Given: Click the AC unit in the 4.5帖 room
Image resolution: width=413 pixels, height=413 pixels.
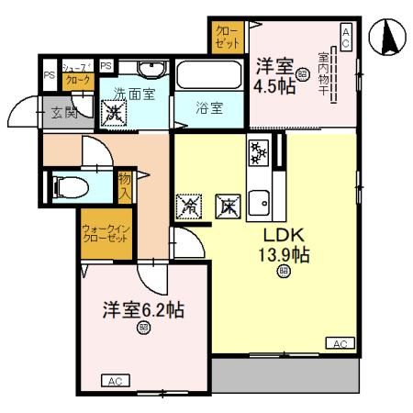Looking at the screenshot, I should pos(346,38).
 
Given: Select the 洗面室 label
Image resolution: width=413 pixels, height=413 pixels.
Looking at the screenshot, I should pos(135,93).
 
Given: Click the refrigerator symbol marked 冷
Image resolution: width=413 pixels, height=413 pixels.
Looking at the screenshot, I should pos(187,204).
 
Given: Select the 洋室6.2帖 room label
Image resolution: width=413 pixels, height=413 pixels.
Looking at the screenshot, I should pos(143,310).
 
